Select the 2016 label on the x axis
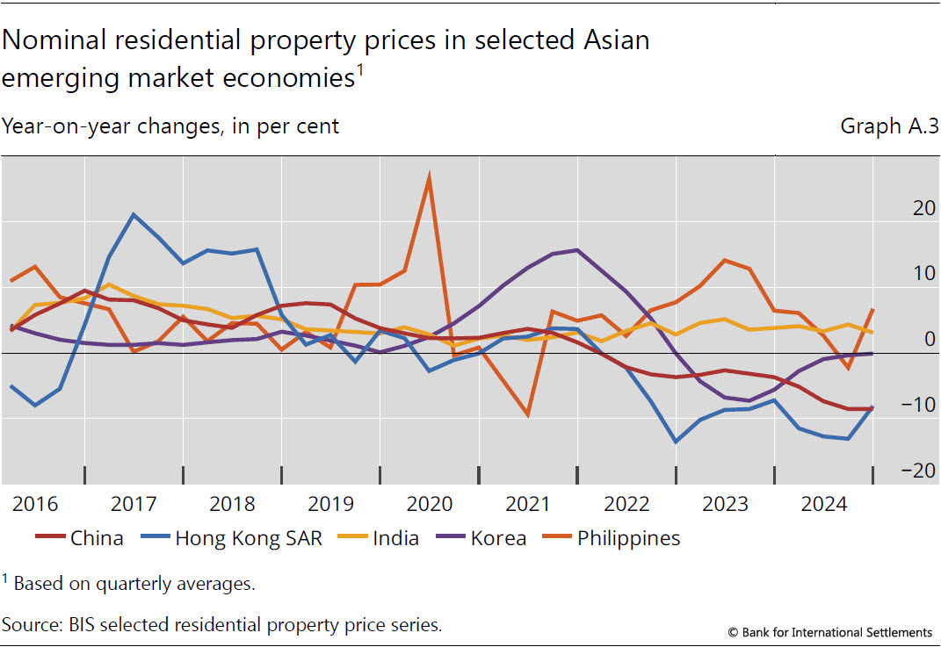(x=35, y=505)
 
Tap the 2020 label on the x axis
(x=429, y=505)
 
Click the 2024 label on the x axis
(x=822, y=505)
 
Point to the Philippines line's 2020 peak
(x=429, y=176)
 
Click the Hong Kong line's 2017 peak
(x=133, y=214)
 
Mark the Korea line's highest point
(x=576, y=250)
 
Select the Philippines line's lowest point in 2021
(x=527, y=414)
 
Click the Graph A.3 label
(x=889, y=126)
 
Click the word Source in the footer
(x=30, y=624)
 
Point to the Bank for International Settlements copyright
(x=829, y=632)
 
